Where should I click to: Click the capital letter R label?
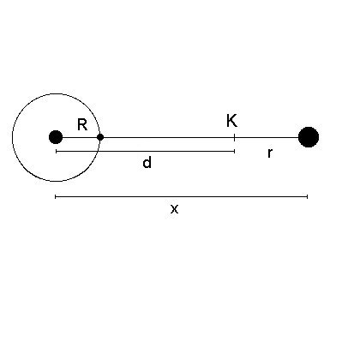(82, 124)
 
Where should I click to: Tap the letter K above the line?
(231, 121)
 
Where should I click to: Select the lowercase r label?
(270, 153)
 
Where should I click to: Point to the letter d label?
(147, 163)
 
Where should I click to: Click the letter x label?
(174, 209)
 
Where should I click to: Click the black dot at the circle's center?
(56, 137)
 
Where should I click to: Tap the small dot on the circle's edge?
(100, 137)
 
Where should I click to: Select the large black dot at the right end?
(309, 137)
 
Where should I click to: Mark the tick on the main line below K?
(235, 137)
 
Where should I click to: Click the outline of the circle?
(57, 93)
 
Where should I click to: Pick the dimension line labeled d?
(146, 151)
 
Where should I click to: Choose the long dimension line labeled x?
(182, 196)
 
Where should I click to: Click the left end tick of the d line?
(57, 151)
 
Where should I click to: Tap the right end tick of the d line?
(235, 151)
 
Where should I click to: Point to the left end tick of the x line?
(56, 196)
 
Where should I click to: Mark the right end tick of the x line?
(307, 196)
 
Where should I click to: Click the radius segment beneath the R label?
(80, 137)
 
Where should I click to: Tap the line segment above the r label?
(267, 137)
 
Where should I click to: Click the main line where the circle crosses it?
(99, 137)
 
